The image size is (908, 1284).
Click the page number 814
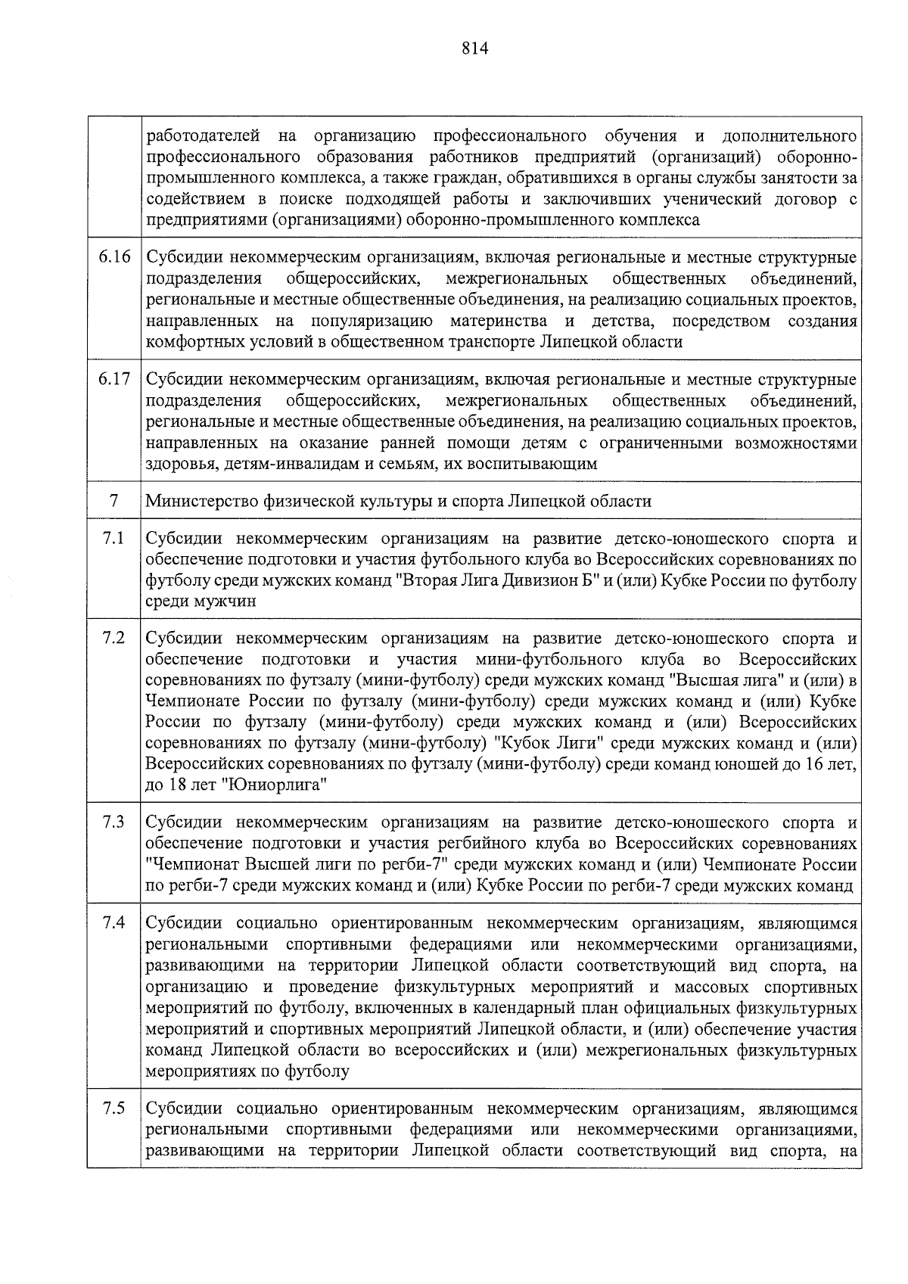click(474, 49)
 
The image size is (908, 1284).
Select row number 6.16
click(114, 257)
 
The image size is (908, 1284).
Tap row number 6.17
click(114, 379)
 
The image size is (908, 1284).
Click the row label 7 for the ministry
click(113, 501)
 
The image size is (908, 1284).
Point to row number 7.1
click(113, 539)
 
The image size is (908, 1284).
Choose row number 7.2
click(113, 637)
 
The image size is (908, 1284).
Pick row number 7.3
click(113, 822)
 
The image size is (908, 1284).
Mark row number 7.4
click(113, 923)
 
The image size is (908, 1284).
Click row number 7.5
click(113, 1109)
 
